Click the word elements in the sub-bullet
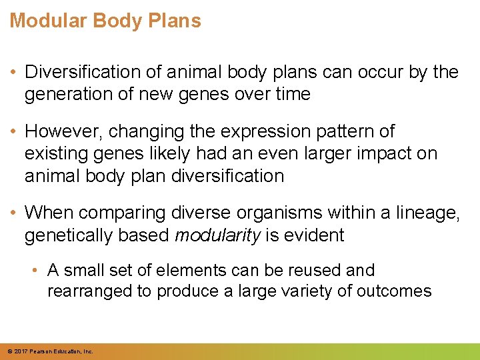(192, 270)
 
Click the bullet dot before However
(14, 131)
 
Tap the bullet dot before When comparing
(14, 213)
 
